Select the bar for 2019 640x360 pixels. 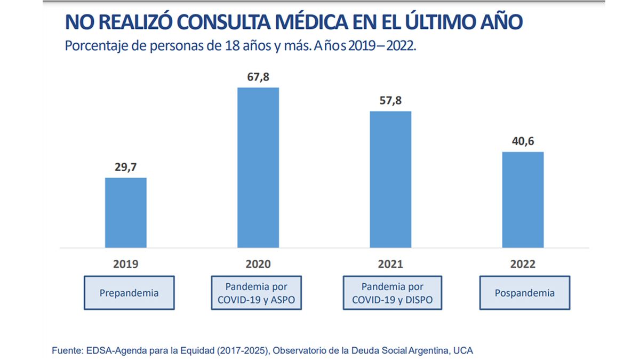click(126, 212)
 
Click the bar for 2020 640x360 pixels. click(258, 167)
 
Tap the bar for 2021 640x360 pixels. click(390, 179)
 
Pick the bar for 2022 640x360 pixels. click(523, 199)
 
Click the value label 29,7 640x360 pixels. click(126, 167)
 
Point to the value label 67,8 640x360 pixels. click(258, 77)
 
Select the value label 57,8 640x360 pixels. click(390, 101)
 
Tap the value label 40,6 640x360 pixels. click(523, 141)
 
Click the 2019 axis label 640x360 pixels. click(126, 264)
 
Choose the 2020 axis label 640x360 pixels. click(258, 264)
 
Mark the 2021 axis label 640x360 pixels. click(390, 264)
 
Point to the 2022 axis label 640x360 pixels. click(523, 264)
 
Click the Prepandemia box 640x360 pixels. click(129, 293)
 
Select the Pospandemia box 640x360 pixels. click(524, 293)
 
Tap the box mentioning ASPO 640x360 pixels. click(257, 293)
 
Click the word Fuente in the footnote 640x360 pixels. click(66, 350)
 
